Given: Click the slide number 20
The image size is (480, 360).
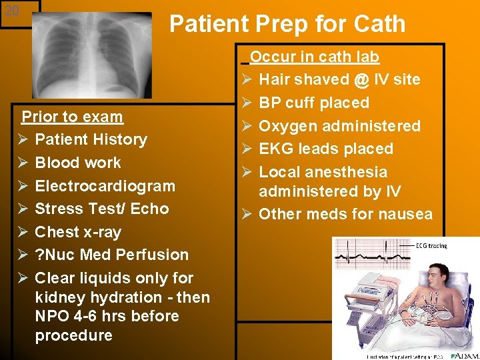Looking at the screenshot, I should pos(13,11).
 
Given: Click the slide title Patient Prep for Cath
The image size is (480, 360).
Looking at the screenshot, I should pos(287,24).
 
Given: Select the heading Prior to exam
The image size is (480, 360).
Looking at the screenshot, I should pos(72,117).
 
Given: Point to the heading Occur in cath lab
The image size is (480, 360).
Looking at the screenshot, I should pos(314,57).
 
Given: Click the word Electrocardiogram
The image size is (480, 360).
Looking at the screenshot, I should pos(105,186).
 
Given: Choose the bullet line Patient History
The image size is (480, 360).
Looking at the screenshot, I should pos(91,140).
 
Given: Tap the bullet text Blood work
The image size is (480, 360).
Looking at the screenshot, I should pos(78,163).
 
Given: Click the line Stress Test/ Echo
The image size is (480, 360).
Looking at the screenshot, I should pos(101,209).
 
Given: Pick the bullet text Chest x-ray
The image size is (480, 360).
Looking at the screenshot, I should pos(78,232).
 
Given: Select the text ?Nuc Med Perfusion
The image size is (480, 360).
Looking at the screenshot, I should pos(111,255).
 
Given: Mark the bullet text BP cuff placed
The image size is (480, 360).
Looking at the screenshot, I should pos(313,103).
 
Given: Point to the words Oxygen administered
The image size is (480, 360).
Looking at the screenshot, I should pos(339,126).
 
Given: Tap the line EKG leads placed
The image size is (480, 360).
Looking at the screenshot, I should pos(325,149).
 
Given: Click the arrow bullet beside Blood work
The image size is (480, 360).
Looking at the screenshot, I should pos(23,163).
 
